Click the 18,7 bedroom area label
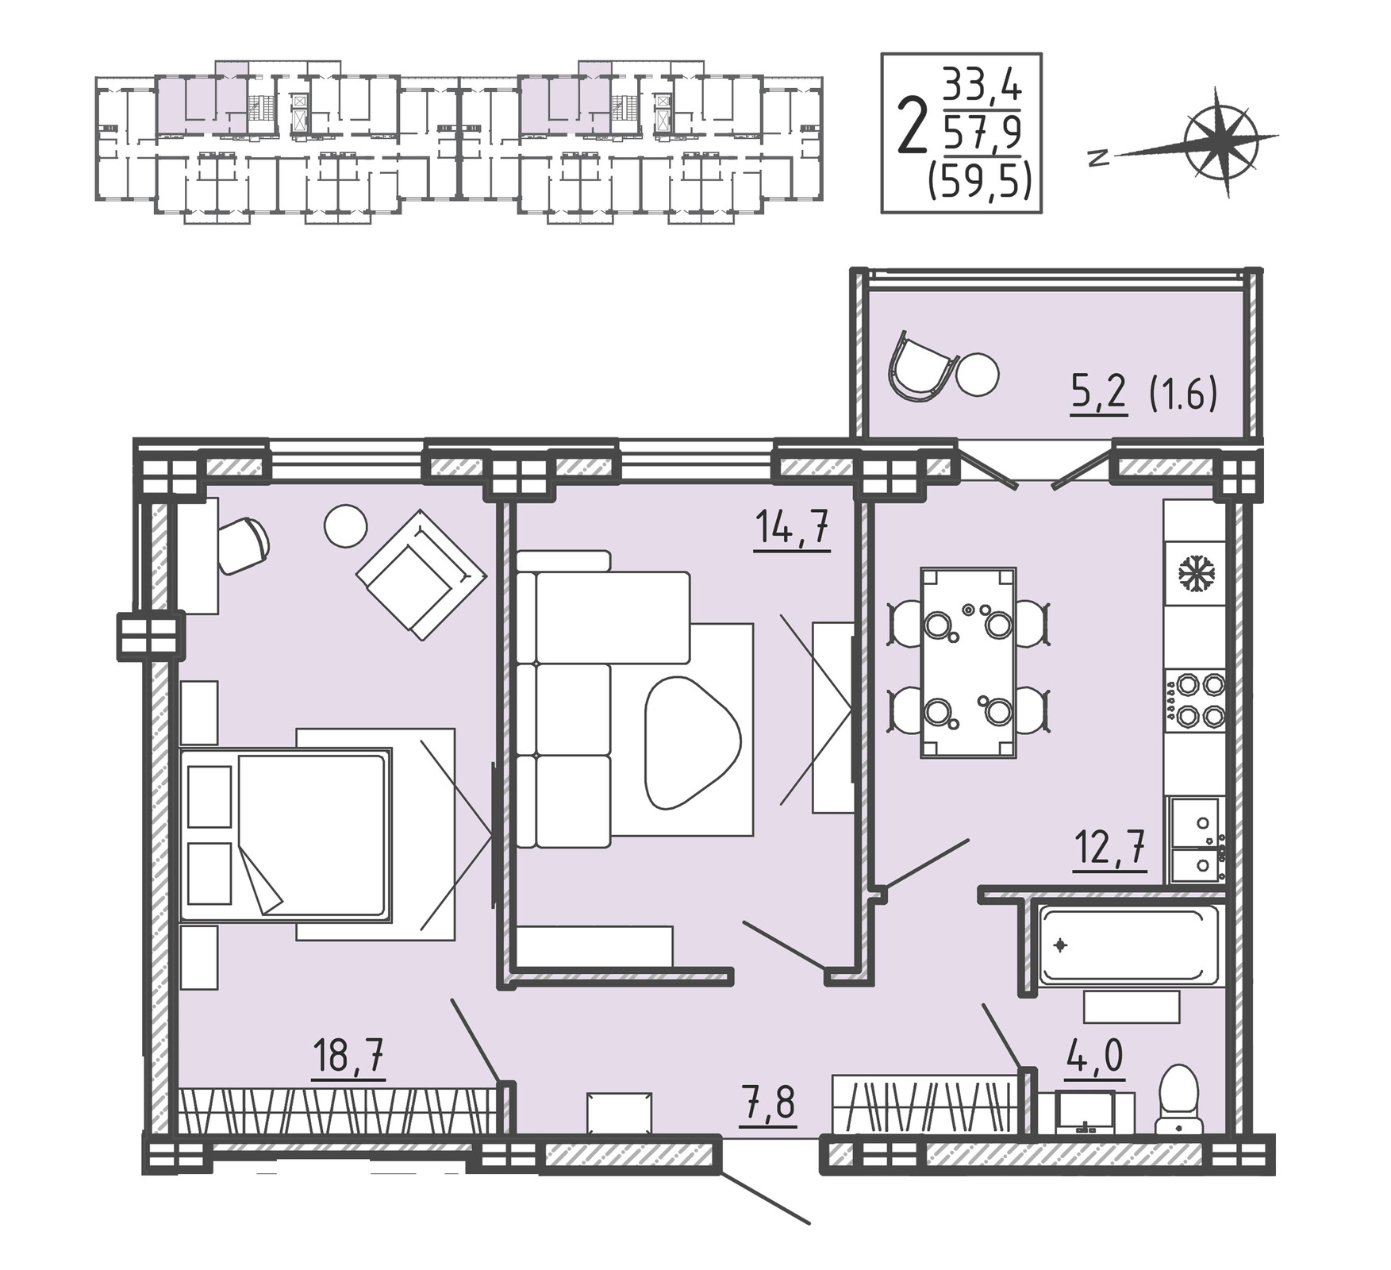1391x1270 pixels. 348,1056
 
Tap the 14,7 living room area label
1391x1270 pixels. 793,527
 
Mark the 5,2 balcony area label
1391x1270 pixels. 1099,394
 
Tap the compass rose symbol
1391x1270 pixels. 1222,141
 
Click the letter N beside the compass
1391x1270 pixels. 1098,159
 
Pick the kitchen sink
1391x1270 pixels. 1196,840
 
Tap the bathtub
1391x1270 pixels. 1128,945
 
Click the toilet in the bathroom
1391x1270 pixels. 1179,1099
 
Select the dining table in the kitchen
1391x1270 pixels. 968,663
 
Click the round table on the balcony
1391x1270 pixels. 977,374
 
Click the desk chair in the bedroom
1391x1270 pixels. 242,545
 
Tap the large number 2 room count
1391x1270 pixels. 913,125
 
